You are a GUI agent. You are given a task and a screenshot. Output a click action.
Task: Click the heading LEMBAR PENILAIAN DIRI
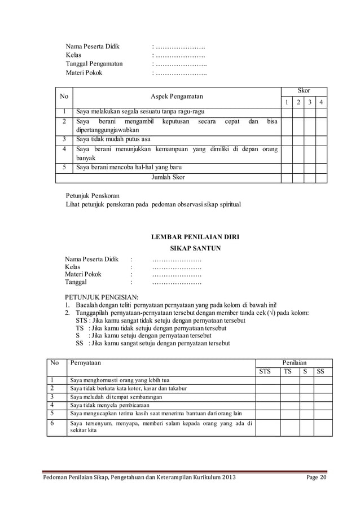click(x=195, y=237)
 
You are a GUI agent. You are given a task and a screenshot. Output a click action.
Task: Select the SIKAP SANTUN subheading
click(x=195, y=248)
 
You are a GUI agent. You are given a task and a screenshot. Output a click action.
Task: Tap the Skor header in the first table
click(x=304, y=90)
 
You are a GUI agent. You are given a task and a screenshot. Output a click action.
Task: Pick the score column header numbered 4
click(x=321, y=102)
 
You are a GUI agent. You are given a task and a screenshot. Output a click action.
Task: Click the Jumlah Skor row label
click(x=168, y=177)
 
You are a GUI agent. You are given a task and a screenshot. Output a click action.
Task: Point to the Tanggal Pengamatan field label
click(x=94, y=64)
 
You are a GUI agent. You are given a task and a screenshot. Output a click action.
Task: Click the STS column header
click(x=265, y=371)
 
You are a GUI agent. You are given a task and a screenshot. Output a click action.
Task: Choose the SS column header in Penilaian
click(x=320, y=371)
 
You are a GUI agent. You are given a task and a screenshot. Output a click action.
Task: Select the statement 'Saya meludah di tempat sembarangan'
click(x=116, y=397)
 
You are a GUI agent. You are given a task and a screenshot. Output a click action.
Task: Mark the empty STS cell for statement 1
click(x=265, y=380)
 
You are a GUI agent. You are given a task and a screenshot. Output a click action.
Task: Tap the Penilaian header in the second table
click(x=293, y=361)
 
